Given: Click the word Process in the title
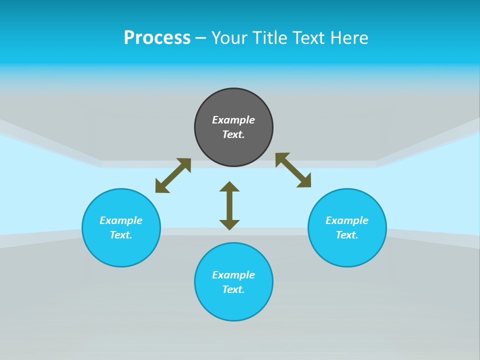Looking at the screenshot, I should pos(157,38).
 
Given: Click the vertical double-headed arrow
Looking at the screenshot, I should pos(229,205).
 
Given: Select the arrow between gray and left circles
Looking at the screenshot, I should pos(173,175).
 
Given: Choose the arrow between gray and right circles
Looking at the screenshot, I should pos(293,170).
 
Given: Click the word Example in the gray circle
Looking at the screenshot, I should pos(233,120).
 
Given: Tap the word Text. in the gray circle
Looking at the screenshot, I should pos(233,134).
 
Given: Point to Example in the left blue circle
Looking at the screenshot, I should pos(121,220).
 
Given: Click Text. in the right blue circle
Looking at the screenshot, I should pos(347,235).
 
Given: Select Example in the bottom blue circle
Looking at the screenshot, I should pos(233,275).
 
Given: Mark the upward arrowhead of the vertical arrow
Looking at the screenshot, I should pos(229,187).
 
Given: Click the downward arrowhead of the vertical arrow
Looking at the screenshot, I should pos(229,224).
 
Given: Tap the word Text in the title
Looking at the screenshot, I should pos(309,38).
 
